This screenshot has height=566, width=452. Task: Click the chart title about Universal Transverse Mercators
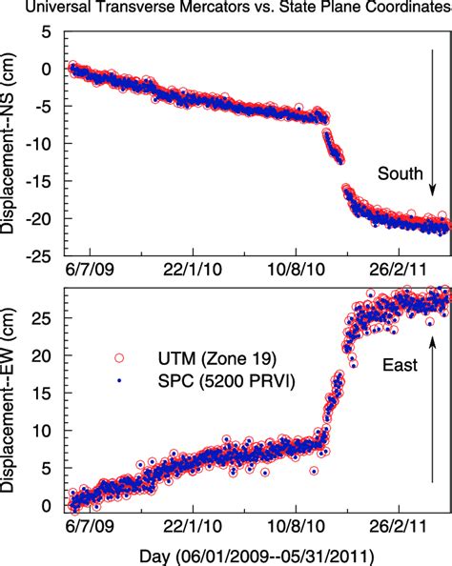(x=226, y=9)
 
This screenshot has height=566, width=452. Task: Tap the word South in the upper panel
(x=400, y=173)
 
